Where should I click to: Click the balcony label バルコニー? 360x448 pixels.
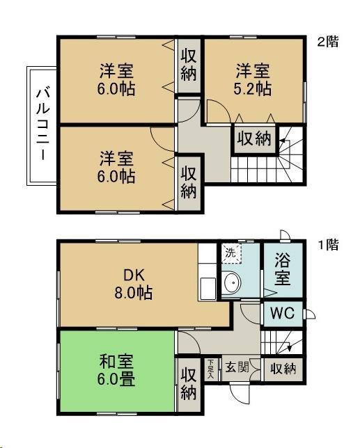coord(42,125)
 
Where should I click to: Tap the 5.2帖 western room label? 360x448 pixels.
coord(252,80)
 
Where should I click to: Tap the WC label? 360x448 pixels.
coord(281,313)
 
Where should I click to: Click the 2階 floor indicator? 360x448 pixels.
coord(328,41)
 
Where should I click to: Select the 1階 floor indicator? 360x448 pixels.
coord(328,245)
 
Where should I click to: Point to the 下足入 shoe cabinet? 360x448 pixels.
coord(211,369)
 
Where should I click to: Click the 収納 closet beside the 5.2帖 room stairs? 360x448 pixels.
coord(253,138)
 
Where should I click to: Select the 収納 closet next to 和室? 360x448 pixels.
coord(189,382)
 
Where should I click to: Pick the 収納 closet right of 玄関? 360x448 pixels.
coord(283,369)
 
